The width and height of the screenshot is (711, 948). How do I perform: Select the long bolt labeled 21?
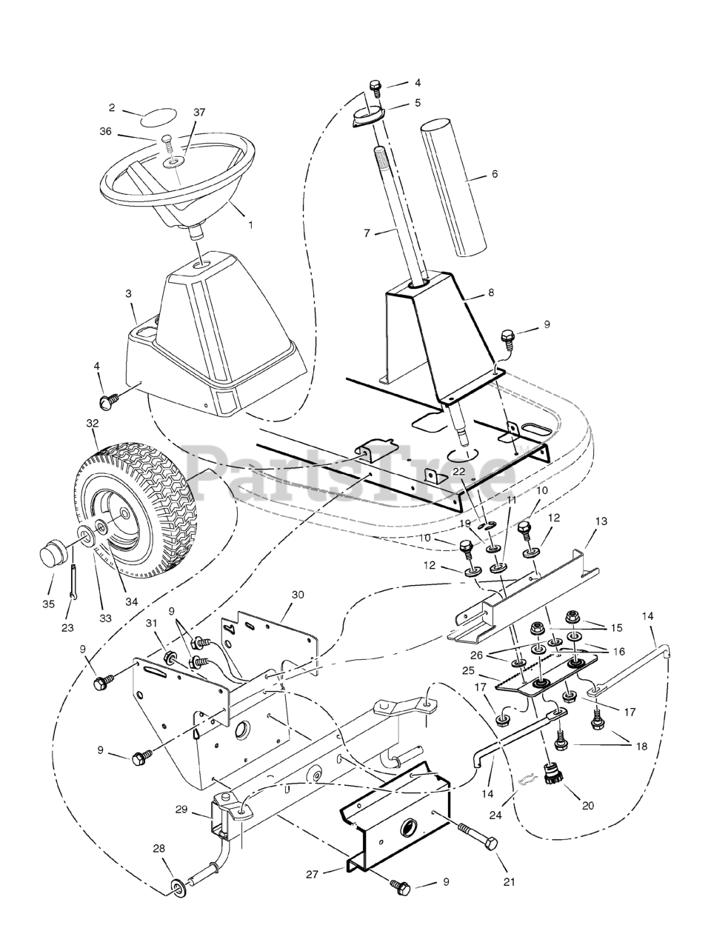(475, 835)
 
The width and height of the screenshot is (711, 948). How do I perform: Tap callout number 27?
(312, 875)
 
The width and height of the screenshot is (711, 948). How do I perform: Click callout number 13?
(601, 521)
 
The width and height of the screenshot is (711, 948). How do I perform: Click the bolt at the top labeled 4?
(375, 87)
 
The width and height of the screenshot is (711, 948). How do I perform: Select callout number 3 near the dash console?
(129, 294)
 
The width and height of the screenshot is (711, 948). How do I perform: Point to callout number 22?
(459, 470)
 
